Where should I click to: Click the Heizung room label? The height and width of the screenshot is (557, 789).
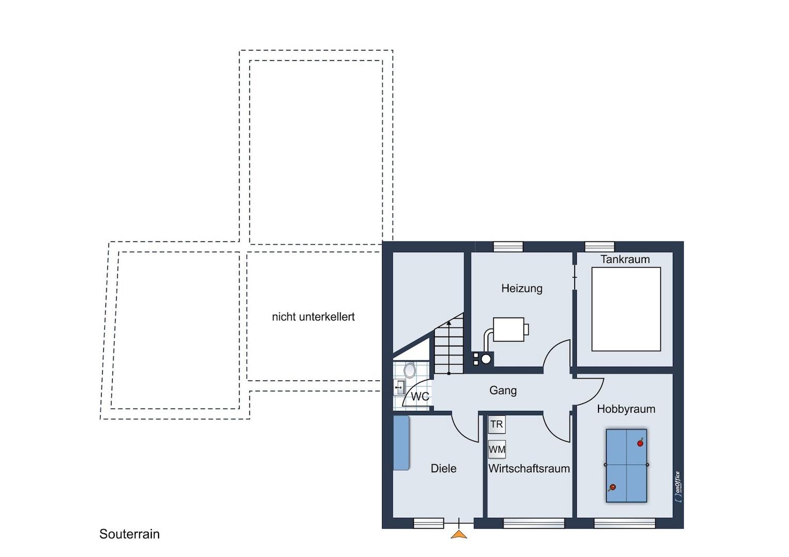click(x=522, y=289)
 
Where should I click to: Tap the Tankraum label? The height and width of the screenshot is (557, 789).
click(x=625, y=259)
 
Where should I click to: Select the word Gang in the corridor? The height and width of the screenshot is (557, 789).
click(x=503, y=390)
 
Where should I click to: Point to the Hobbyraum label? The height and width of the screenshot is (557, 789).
click(x=626, y=409)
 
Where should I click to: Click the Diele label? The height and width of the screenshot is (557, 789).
click(x=444, y=468)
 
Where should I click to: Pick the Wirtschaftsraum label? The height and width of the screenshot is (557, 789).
click(x=529, y=468)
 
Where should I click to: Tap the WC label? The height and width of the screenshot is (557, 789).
click(x=420, y=397)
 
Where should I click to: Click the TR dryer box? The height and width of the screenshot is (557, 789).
click(x=497, y=424)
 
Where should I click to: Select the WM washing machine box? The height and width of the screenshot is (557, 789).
click(x=497, y=449)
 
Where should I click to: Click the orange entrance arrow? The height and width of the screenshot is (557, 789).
click(x=459, y=534)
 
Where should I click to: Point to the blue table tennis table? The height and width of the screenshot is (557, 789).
click(x=626, y=465)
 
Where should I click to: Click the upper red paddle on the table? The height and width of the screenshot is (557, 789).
click(x=640, y=443)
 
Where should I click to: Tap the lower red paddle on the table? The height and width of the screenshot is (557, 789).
click(x=612, y=488)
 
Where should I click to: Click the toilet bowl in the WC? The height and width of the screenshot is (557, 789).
click(x=409, y=370)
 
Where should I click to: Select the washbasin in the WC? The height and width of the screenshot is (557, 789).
click(x=399, y=387)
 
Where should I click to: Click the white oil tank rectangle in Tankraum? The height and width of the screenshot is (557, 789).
click(x=626, y=309)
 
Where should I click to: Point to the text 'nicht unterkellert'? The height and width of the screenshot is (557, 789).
click(x=313, y=317)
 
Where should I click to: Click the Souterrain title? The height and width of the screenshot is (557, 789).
click(x=129, y=534)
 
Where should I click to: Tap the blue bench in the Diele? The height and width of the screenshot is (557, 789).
click(x=401, y=443)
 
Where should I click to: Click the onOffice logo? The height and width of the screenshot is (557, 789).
click(x=677, y=487)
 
